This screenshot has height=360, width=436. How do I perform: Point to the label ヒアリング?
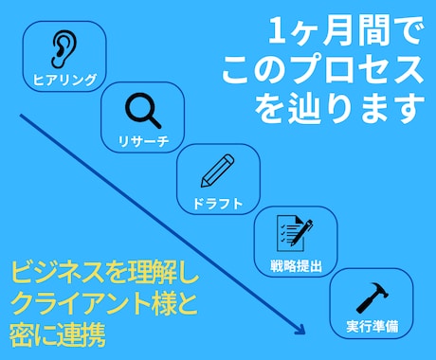pos(64,80)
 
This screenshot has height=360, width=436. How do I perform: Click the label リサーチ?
pos(141,141)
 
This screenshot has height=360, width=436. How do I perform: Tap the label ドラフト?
pos(218,203)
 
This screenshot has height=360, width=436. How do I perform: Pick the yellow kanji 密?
pos(24,334)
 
